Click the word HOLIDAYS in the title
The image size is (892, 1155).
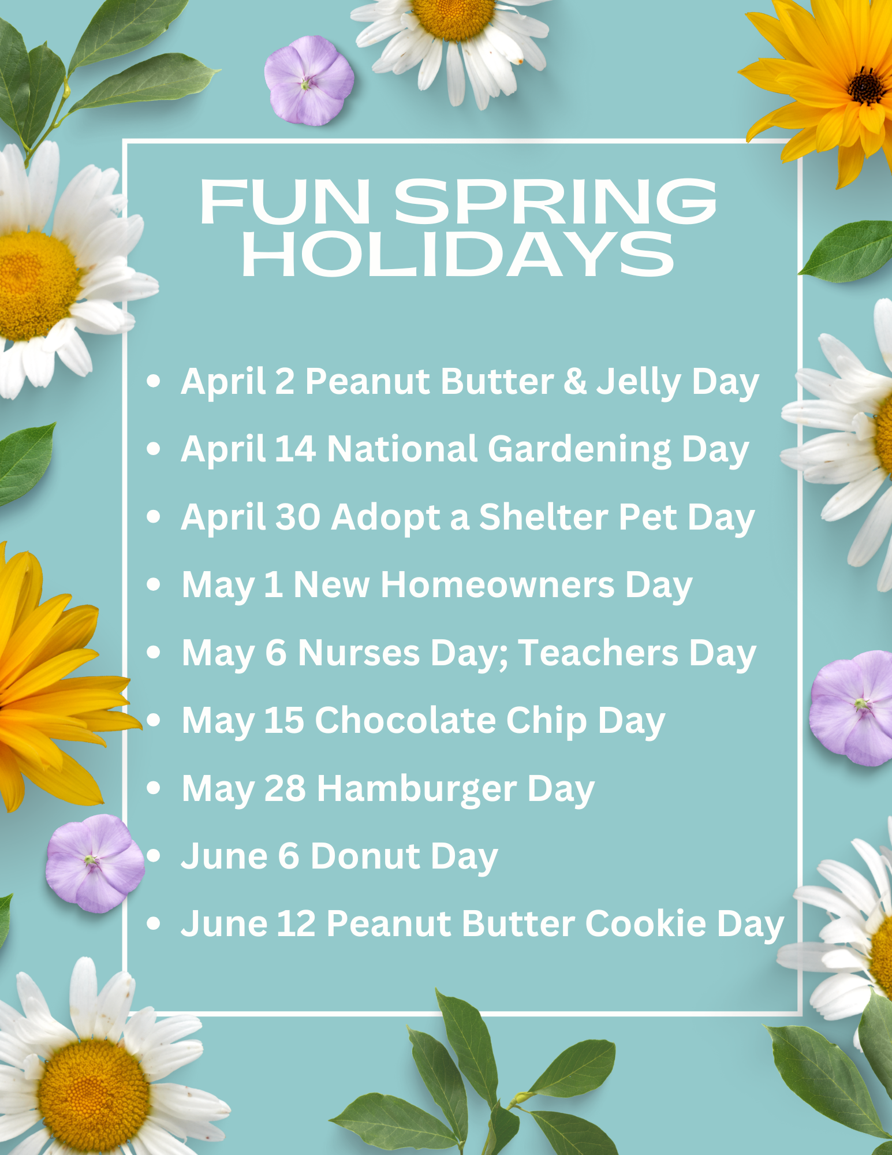(458, 254)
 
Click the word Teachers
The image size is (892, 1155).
(598, 653)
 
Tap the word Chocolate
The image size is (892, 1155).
(405, 720)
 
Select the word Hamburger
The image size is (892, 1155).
(417, 789)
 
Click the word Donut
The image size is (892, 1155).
(365, 856)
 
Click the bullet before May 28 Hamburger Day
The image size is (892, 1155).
(154, 788)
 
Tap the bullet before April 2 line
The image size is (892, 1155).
(154, 381)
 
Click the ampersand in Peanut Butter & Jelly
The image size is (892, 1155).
(575, 382)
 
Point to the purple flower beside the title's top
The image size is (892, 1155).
(309, 80)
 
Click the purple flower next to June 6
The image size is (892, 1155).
(95, 863)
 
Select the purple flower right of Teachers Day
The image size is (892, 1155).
(852, 708)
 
